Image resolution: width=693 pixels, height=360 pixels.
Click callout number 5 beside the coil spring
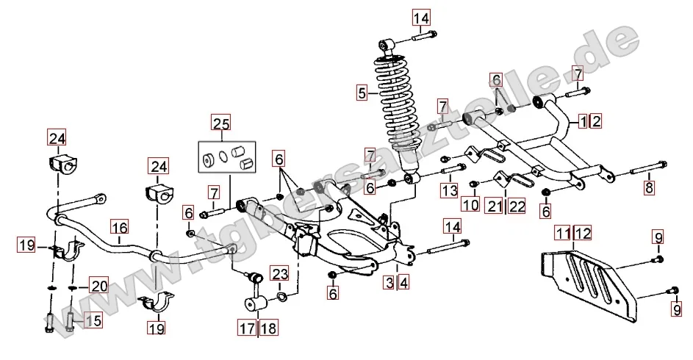point(362,93)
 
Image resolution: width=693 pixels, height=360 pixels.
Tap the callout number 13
point(450,191)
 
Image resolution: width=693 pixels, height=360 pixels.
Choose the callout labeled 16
point(120,227)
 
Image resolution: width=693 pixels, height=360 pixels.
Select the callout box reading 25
point(220,123)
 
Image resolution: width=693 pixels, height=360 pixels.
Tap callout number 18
point(268,328)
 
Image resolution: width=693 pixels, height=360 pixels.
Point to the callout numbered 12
point(583,234)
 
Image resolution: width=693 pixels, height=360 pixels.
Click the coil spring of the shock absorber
point(397,110)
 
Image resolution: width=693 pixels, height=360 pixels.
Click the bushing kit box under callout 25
point(225,156)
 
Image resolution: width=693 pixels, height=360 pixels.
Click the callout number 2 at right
point(596,120)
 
